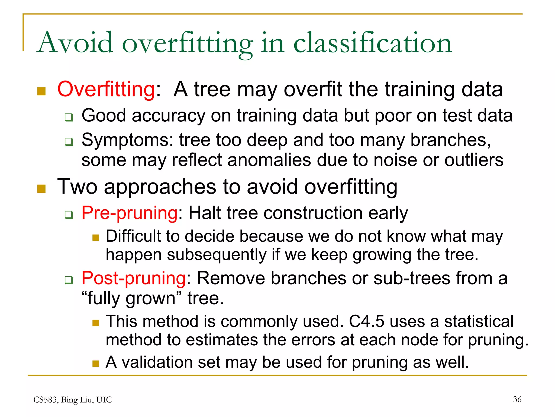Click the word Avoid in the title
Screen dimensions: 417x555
75,43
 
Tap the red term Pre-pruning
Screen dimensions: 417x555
130,213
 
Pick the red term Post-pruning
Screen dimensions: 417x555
134,278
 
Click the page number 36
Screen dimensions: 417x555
517,399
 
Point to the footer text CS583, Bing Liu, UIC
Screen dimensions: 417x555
72,400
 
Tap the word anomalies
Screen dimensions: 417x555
269,160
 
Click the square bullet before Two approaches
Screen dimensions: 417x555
41,188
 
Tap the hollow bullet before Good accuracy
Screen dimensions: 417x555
69,117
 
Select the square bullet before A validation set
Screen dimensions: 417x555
96,364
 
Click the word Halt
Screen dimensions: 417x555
205,213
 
